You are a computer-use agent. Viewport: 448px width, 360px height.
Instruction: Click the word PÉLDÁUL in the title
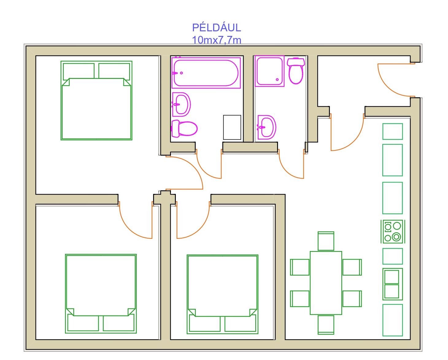(217, 28)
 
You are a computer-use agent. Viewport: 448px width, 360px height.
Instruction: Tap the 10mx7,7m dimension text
(217, 40)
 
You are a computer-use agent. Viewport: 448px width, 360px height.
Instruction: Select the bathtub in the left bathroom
(206, 73)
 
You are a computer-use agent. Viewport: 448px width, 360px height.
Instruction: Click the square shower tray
(270, 71)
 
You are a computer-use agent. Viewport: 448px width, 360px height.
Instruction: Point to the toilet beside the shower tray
(296, 71)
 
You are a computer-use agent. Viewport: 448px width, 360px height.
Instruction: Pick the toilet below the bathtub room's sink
(184, 129)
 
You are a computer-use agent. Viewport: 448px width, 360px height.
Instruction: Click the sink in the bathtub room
(181, 105)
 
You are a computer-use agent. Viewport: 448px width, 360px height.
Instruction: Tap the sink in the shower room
(267, 127)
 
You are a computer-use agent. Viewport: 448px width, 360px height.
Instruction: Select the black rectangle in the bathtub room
(232, 127)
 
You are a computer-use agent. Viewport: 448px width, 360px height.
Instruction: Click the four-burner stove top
(393, 231)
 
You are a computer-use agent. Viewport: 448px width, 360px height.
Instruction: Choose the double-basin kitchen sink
(393, 284)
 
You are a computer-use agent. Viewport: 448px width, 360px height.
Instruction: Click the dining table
(326, 283)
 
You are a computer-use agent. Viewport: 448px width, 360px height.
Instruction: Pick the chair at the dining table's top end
(326, 241)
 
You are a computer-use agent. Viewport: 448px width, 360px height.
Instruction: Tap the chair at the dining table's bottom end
(326, 325)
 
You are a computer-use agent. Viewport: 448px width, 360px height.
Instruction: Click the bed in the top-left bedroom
(96, 101)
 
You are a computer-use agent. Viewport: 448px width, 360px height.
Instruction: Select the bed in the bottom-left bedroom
(101, 294)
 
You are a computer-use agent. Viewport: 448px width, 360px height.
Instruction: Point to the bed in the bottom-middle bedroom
(222, 294)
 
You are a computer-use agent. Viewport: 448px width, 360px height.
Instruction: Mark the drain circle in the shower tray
(277, 79)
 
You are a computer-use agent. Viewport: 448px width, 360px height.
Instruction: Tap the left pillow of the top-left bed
(79, 71)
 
